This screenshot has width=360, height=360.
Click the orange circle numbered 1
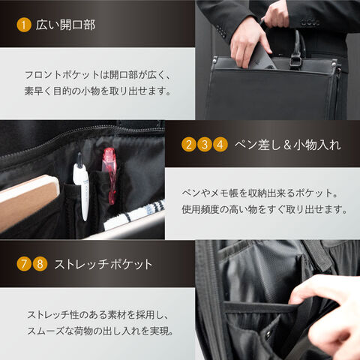tap(24, 25)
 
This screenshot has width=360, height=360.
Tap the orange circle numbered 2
tap(189, 145)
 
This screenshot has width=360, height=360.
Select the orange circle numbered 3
tap(205, 145)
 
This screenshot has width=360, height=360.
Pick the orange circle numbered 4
tap(220, 145)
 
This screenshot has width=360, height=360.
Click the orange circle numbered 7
tap(24, 264)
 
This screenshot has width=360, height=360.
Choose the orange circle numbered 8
tap(40, 264)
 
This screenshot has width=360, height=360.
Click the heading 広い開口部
tap(65, 25)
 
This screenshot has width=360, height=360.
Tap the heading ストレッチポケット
tap(103, 264)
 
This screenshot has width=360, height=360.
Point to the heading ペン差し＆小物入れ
tap(288, 145)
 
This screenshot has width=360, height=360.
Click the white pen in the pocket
tap(82, 186)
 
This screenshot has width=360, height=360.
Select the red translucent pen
tap(109, 175)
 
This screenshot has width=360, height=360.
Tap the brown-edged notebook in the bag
tap(28, 200)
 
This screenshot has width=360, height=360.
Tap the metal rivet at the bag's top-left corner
tap(215, 60)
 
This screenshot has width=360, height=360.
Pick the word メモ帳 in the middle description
tap(224, 193)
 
